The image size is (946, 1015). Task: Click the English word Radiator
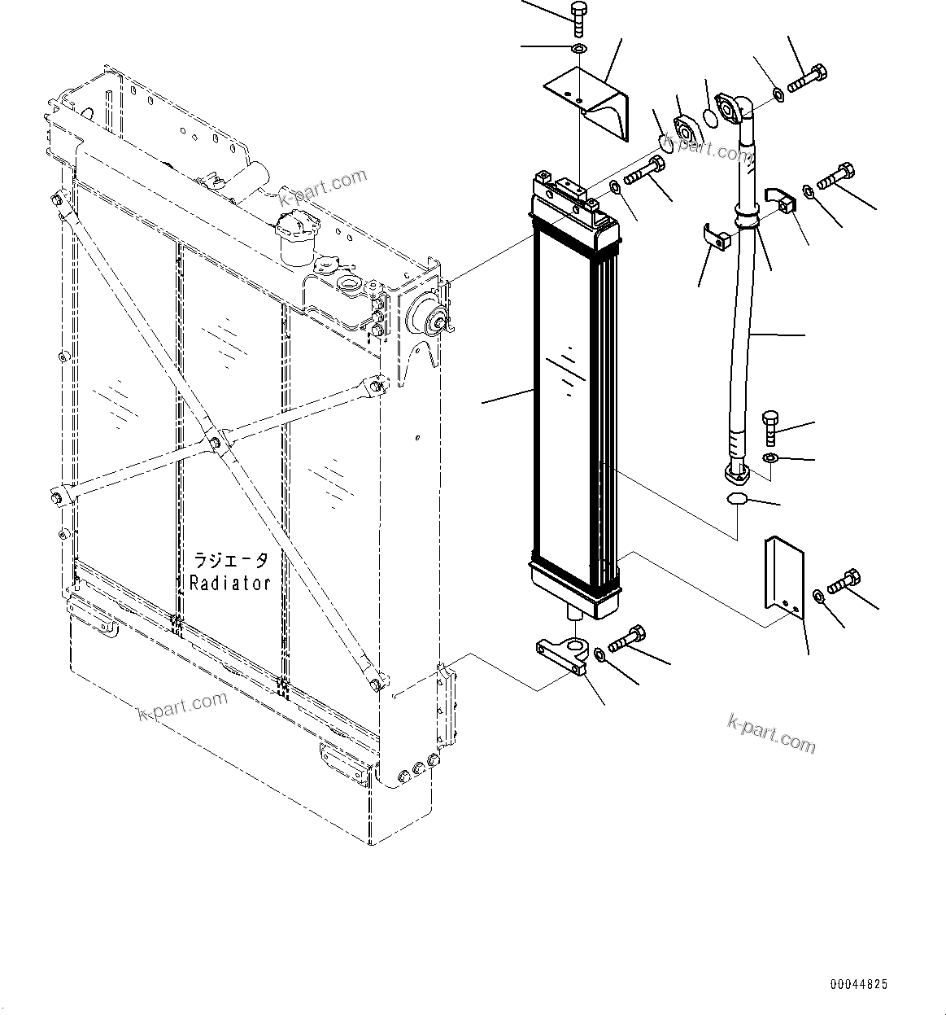click(229, 583)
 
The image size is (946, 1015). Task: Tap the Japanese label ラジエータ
click(229, 561)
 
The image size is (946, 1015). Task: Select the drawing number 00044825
click(858, 984)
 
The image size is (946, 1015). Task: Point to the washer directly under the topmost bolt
click(578, 51)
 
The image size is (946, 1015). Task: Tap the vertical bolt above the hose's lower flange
click(769, 427)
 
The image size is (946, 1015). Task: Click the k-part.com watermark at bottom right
click(770, 732)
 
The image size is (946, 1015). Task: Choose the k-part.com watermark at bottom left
click(183, 706)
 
